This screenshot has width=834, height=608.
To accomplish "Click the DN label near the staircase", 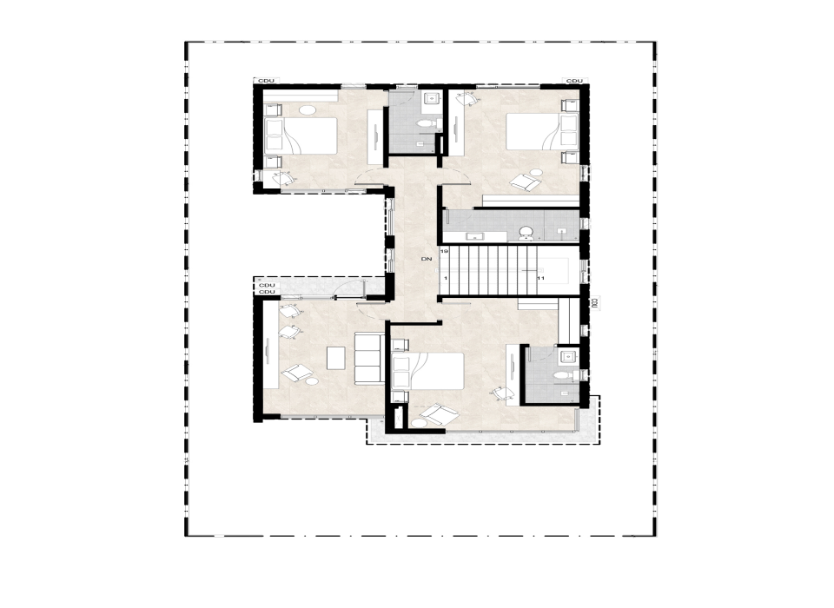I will click(426, 259).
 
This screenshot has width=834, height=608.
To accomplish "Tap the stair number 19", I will click(444, 251).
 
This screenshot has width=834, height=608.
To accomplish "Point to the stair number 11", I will click(540, 278).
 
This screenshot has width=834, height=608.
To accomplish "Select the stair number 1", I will click(445, 278).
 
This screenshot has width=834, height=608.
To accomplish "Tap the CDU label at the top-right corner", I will click(574, 81).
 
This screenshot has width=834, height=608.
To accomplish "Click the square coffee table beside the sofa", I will click(336, 358).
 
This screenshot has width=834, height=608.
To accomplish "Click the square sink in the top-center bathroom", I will click(430, 100).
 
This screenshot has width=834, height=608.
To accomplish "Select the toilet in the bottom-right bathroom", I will click(562, 374).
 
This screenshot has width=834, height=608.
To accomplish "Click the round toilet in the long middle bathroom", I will click(526, 232).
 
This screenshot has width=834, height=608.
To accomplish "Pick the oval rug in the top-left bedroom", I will click(309, 110).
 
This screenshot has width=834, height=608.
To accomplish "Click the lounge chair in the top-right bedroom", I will click(525, 181).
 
